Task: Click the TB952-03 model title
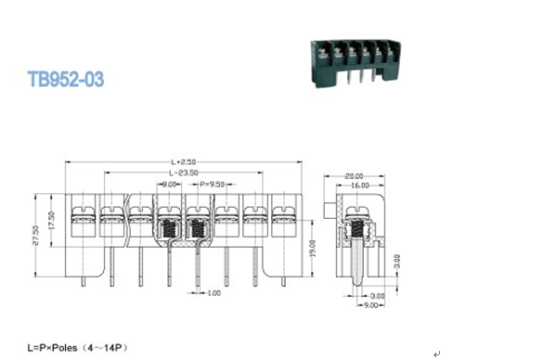(66, 80)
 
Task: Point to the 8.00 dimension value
(170, 185)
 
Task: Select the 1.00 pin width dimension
(213, 293)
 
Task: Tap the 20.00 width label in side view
(355, 174)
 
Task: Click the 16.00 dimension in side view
(357, 186)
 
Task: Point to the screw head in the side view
(356, 211)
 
